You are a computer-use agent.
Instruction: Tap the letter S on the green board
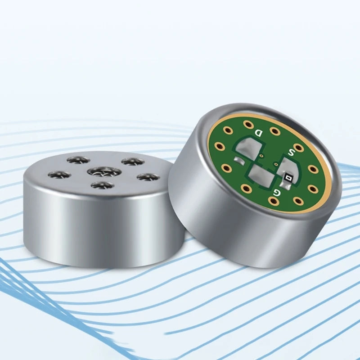(291, 152)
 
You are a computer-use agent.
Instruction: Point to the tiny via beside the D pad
(261, 156)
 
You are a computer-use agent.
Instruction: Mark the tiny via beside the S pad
(276, 164)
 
